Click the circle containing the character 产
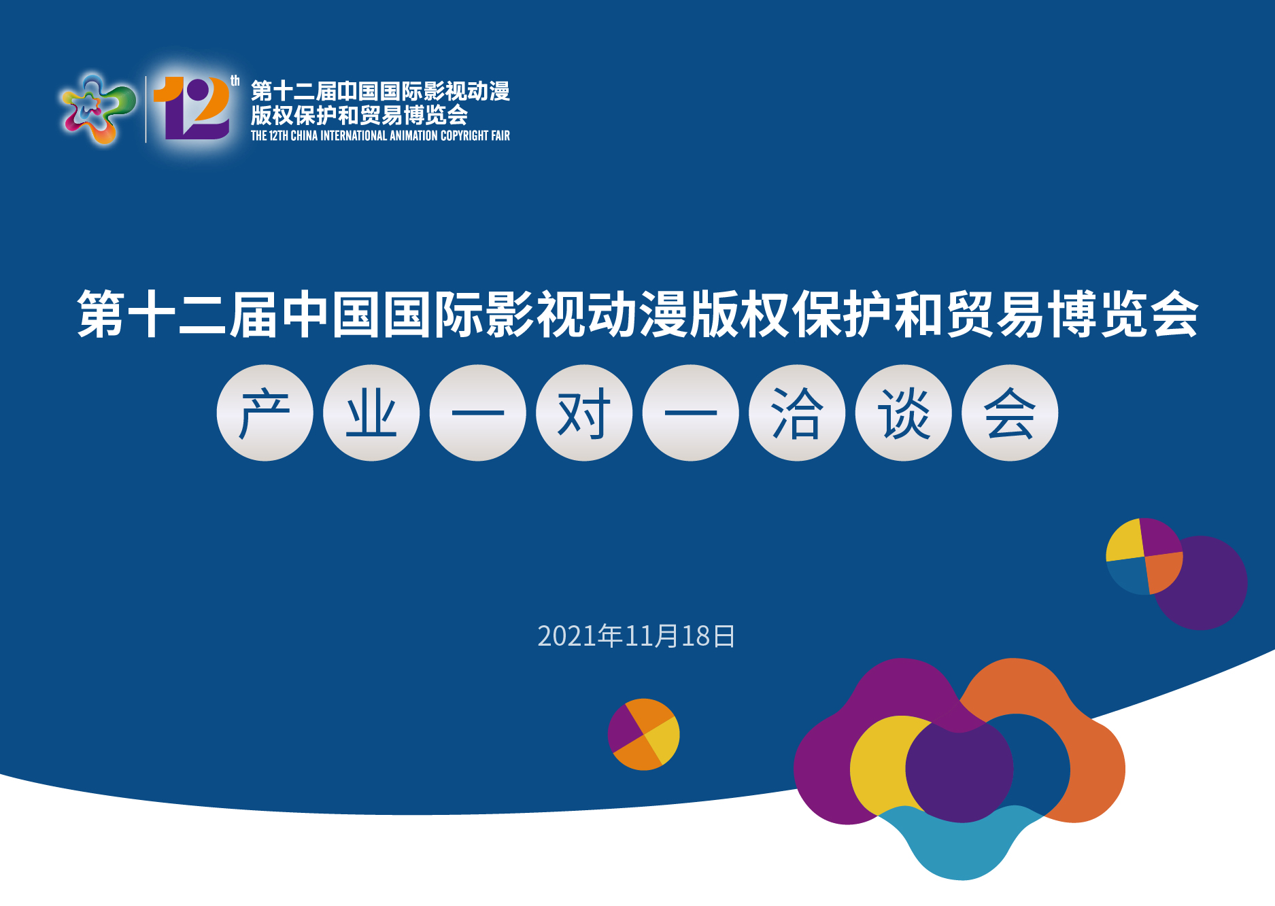tap(265, 413)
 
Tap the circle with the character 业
tap(371, 413)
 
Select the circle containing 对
tap(584, 413)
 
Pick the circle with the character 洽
tap(797, 413)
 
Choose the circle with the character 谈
tap(904, 413)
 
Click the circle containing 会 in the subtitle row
tap(1010, 413)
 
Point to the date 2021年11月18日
tap(636, 636)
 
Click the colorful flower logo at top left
tap(98, 109)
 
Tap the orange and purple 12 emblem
tap(192, 107)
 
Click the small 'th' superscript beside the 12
tap(235, 81)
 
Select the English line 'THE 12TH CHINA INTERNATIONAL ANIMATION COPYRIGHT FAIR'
tap(380, 136)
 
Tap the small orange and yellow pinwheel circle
tap(643, 734)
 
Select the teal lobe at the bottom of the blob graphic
tap(960, 846)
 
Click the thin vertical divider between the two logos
tap(146, 109)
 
